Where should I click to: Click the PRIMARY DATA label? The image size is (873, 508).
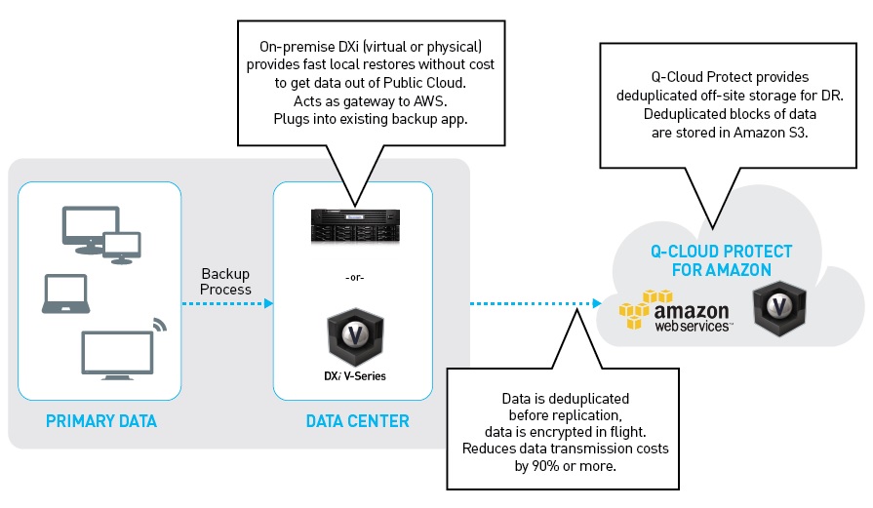(x=100, y=421)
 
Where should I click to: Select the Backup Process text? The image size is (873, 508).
(x=226, y=282)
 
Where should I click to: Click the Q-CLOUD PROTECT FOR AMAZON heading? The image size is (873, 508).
(x=723, y=260)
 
